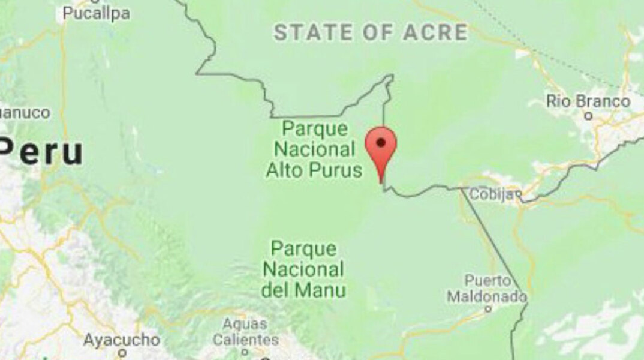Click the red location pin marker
click(x=381, y=148)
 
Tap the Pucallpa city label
click(x=96, y=13)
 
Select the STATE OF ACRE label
click(x=371, y=33)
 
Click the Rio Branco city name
click(x=588, y=101)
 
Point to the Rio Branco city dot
click(x=589, y=115)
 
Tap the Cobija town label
click(x=492, y=194)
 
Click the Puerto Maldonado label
click(x=487, y=288)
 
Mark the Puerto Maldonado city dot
click(x=487, y=309)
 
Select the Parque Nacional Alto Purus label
click(x=315, y=149)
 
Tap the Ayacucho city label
click(x=122, y=340)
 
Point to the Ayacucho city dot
click(x=122, y=353)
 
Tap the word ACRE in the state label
click(x=436, y=33)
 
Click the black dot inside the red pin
click(x=381, y=142)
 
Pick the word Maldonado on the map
click(x=487, y=296)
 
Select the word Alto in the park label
click(x=285, y=170)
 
